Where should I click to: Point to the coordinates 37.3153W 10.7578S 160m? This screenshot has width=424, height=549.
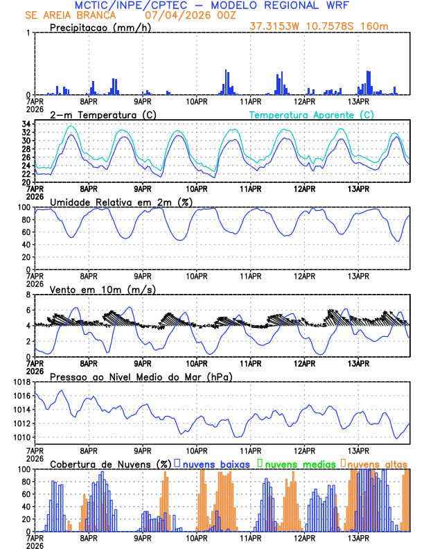330,27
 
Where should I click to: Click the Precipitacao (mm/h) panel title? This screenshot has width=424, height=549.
100,28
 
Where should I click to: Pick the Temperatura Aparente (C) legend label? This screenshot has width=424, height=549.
312,114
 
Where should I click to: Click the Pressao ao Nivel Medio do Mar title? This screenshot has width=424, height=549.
141,376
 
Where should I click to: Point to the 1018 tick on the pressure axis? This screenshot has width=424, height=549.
21,383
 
